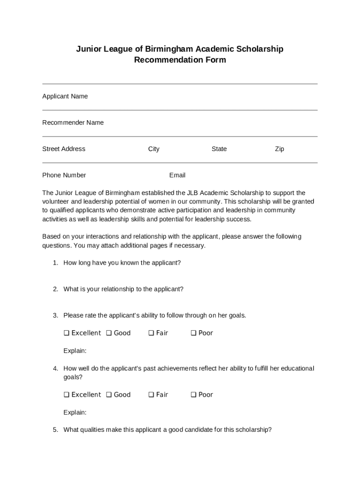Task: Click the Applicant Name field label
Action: point(65,96)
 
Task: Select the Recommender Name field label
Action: point(73,123)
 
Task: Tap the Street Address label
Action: point(64,149)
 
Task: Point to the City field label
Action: point(154,149)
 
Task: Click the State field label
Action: point(219,149)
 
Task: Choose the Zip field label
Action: point(280,149)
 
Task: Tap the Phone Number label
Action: point(64,175)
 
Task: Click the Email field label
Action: point(177,175)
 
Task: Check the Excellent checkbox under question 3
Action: point(66,333)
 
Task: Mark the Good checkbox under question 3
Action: point(108,333)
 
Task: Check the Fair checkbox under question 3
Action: point(151,333)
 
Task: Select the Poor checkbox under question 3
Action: point(193,333)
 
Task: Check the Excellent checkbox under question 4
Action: point(66,395)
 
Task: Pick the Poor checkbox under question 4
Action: point(193,395)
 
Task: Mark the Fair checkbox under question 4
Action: point(151,395)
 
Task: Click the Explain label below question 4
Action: point(75,413)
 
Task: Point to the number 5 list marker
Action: point(55,430)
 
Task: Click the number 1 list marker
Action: point(55,263)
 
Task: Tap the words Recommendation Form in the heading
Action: point(180,60)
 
